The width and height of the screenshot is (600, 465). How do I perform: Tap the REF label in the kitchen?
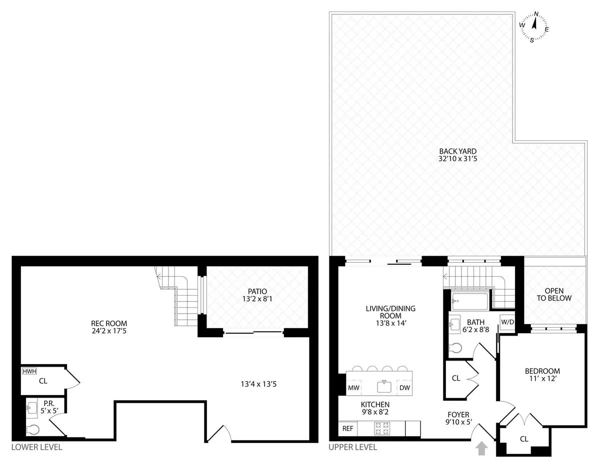point(347,428)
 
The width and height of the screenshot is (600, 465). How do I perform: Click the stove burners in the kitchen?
point(382,428)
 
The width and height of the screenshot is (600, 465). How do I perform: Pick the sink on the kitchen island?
point(383,387)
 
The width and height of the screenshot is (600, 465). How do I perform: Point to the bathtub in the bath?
point(469,301)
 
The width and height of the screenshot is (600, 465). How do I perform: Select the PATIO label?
point(257,295)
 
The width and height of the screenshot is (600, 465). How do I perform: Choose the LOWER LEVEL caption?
point(36,448)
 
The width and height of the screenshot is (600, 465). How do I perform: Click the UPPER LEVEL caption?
point(352,448)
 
